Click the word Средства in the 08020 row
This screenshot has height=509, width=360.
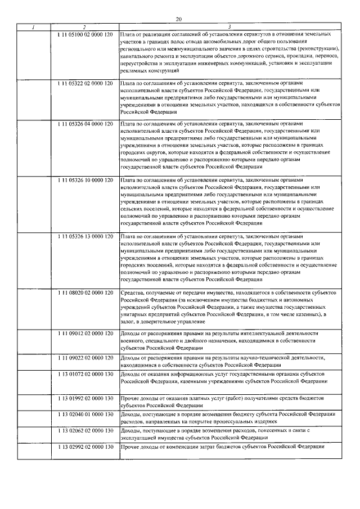pos(132,293)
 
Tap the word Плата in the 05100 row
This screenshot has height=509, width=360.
pos(128,35)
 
